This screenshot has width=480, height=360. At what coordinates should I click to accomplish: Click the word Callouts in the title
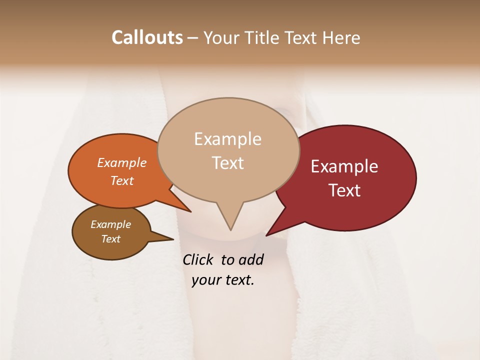click(147, 37)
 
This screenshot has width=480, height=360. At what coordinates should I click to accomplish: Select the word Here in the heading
click(340, 37)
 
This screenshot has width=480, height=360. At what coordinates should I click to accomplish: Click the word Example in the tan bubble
click(227, 139)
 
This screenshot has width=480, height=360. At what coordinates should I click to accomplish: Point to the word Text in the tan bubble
click(227, 163)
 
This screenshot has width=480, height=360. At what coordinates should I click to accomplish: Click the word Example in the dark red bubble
click(344, 166)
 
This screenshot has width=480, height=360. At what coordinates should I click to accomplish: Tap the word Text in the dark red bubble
click(344, 190)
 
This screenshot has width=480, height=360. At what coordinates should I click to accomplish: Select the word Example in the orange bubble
click(122, 163)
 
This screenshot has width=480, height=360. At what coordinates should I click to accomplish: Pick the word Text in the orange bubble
click(122, 180)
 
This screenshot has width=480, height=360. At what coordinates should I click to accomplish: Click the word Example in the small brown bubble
click(111, 224)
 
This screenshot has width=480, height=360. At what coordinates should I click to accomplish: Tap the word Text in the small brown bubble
click(111, 239)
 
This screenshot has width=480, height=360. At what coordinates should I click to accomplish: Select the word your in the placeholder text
click(205, 280)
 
